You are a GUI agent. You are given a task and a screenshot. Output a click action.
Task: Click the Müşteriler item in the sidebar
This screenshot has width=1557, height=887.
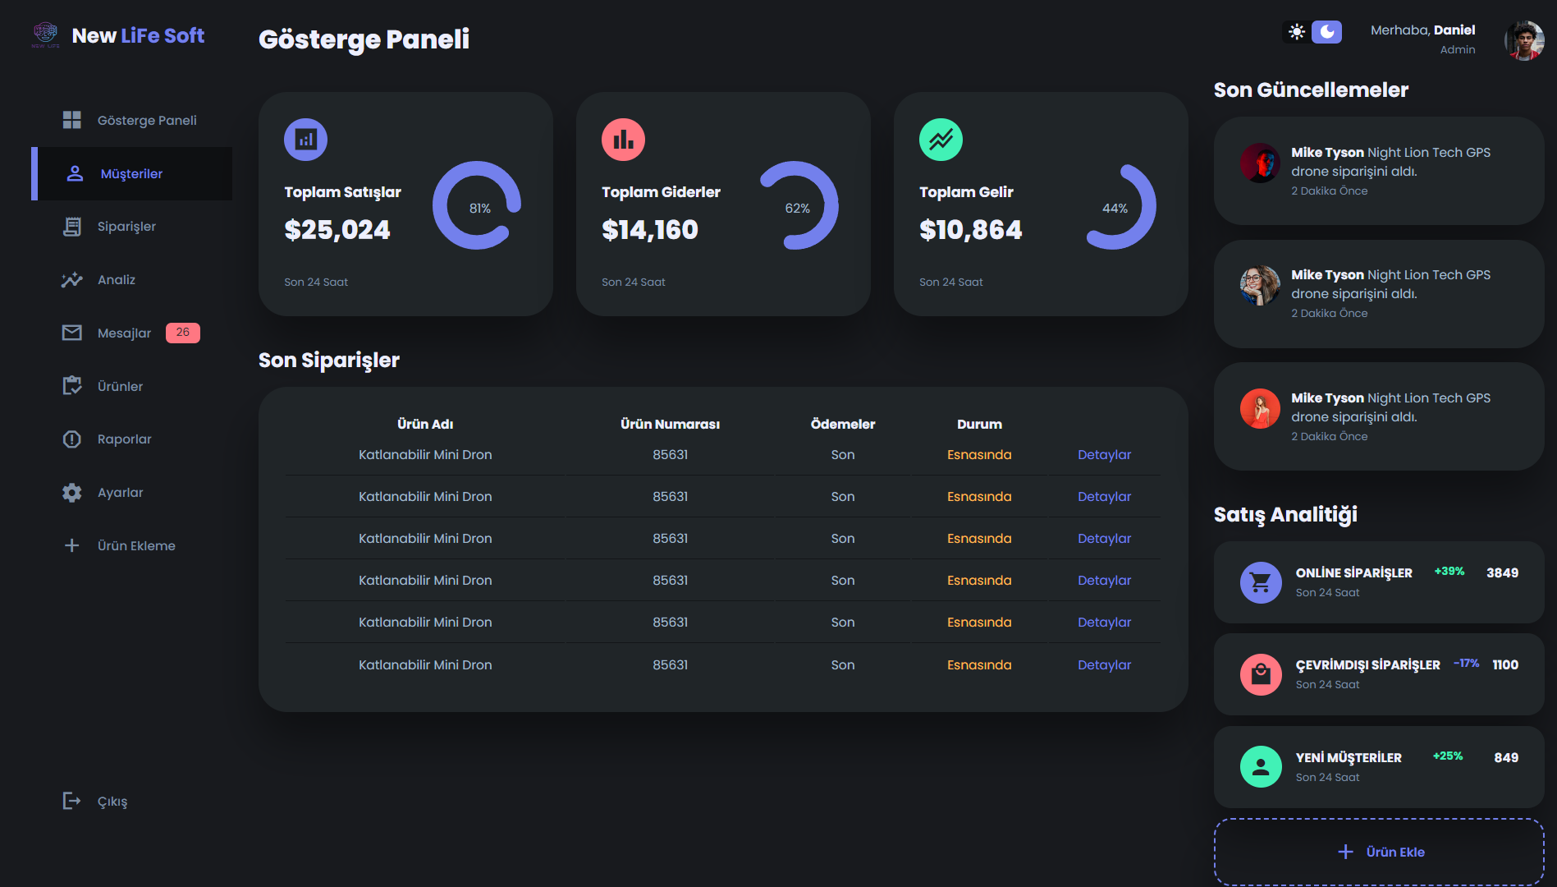(131, 174)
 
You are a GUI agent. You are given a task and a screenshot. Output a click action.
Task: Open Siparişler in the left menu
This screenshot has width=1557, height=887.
(126, 227)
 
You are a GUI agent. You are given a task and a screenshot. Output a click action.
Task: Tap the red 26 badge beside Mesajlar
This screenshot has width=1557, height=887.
(182, 333)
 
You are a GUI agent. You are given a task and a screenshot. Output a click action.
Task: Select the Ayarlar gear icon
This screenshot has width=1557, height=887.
(72, 493)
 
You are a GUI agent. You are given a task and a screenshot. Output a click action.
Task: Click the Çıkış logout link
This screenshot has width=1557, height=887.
(112, 802)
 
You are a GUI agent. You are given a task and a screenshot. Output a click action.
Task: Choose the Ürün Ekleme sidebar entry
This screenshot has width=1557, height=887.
(135, 546)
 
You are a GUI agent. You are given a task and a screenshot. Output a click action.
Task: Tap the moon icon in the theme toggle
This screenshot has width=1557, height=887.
(1326, 32)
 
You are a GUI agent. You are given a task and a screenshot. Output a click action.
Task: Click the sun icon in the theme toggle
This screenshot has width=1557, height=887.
(1297, 32)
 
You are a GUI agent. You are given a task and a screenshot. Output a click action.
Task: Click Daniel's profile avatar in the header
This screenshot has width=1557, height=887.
(1524, 39)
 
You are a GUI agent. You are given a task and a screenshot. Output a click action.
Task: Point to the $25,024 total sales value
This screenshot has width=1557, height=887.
(337, 230)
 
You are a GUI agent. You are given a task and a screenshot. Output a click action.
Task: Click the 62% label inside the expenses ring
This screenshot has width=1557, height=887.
(797, 209)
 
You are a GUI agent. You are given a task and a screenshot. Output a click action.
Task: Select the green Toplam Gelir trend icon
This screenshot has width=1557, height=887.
(941, 140)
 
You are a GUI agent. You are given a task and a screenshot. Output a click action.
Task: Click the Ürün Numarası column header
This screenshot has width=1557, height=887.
(670, 425)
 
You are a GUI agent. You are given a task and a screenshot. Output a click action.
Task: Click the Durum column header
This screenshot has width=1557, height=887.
(979, 425)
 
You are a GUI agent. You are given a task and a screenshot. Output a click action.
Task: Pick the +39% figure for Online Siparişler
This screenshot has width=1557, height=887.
(1449, 572)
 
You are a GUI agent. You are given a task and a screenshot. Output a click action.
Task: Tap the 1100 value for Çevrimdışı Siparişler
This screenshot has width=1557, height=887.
(1505, 665)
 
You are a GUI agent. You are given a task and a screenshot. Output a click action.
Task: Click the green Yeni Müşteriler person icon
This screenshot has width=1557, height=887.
(1261, 767)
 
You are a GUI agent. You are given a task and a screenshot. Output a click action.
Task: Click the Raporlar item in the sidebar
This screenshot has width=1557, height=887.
(124, 439)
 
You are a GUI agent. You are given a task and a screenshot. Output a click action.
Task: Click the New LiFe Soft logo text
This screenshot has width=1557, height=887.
(138, 36)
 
